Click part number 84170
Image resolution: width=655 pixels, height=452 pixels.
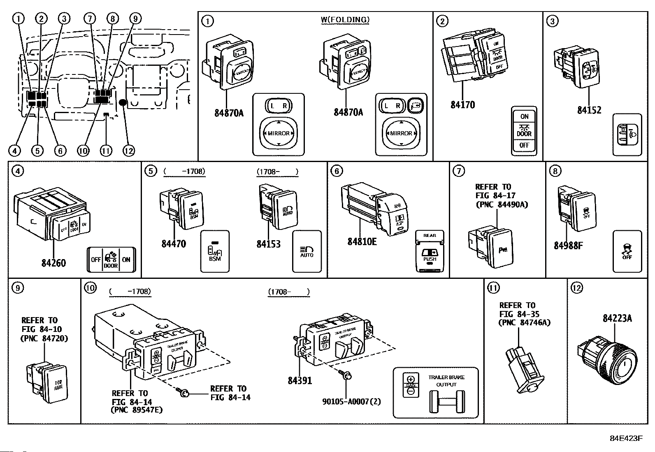tap(462, 105)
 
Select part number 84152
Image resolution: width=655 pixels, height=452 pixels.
tap(589, 110)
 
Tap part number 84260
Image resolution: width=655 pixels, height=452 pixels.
tap(53, 263)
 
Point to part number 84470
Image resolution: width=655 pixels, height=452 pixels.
tap(174, 243)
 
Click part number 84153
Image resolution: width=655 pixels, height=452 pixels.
tap(268, 244)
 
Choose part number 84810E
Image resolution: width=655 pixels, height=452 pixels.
tap(362, 241)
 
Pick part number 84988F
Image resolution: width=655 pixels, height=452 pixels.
tap(568, 246)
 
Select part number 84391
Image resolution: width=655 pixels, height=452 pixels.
tap(300, 380)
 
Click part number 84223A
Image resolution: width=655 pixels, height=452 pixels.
tap(617, 318)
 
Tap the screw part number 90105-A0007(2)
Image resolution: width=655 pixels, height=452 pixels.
tap(351, 401)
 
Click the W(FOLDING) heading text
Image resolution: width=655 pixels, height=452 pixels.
tap(345, 19)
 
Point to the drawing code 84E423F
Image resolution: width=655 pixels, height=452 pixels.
tap(626, 438)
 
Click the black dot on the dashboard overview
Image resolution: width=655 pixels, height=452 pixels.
tap(123, 102)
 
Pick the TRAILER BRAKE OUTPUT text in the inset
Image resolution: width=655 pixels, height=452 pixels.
tap(446, 381)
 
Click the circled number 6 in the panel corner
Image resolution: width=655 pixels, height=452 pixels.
tap(337, 171)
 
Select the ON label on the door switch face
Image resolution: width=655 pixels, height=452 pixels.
tap(524, 117)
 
